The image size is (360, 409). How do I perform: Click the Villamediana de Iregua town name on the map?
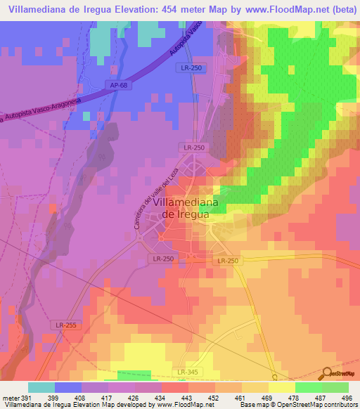(181, 209)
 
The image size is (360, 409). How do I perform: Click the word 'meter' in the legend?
(10, 397)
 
